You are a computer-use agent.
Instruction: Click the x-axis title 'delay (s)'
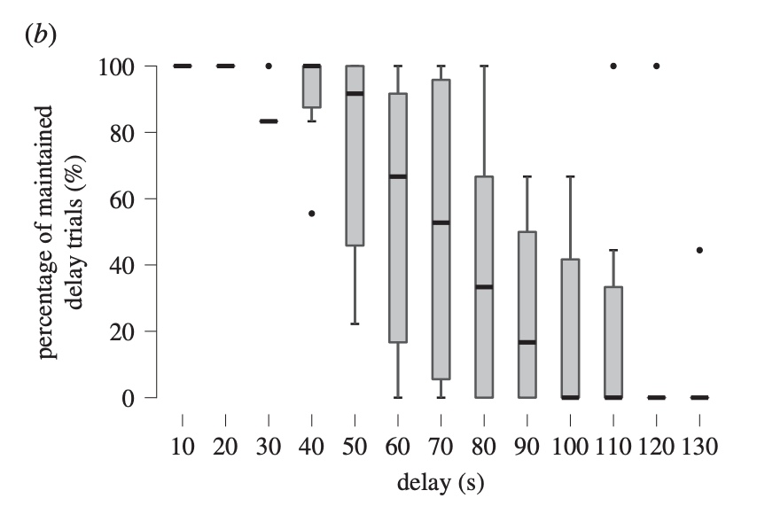tap(441, 483)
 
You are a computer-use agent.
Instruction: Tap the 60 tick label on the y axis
tap(121, 199)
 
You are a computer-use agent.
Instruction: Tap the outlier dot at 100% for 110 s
tap(613, 66)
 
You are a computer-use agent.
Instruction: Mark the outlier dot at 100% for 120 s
tap(657, 66)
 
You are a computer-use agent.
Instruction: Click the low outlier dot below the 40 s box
tap(312, 213)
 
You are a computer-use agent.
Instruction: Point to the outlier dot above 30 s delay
tap(269, 66)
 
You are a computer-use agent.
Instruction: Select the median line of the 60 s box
tap(398, 176)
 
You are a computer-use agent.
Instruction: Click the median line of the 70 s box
tap(441, 222)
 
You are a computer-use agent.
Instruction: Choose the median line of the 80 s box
tap(485, 287)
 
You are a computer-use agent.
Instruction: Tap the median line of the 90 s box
tap(527, 342)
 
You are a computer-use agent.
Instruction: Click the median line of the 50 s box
tap(355, 93)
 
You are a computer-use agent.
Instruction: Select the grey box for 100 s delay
tap(571, 328)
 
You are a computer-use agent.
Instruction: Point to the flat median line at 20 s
tap(225, 66)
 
